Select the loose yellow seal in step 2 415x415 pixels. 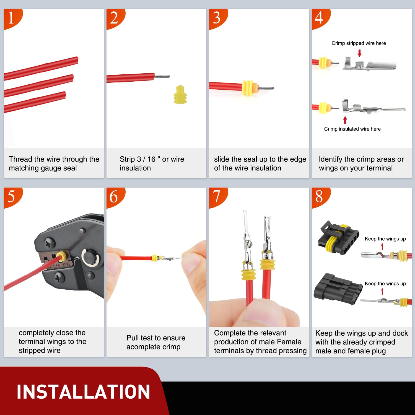click(x=180, y=95)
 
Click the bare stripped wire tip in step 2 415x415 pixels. click(x=162, y=77)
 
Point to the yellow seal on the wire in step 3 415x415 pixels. click(x=248, y=87)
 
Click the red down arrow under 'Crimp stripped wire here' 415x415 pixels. click(x=359, y=53)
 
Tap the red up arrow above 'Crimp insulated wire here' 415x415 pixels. click(x=345, y=120)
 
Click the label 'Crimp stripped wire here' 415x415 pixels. click(x=359, y=43)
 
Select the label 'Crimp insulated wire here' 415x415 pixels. click(x=352, y=129)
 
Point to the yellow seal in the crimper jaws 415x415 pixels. click(x=61, y=256)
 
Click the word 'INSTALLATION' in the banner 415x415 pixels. click(x=83, y=392)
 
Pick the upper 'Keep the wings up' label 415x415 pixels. click(x=385, y=239)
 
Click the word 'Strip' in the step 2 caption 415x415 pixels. click(x=127, y=159)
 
